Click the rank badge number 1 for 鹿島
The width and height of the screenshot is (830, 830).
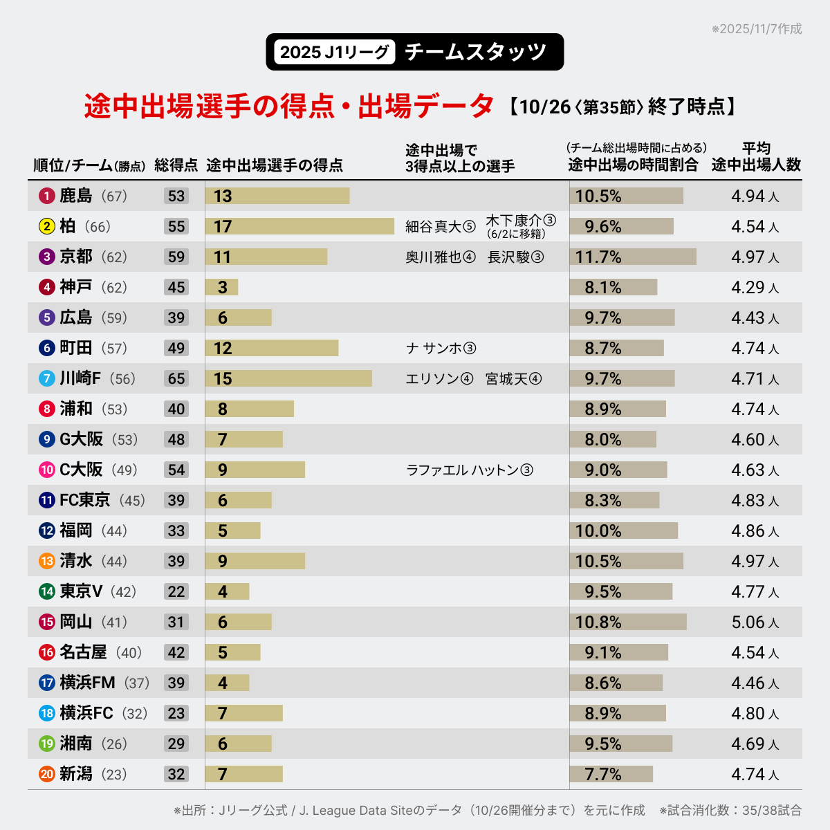[47, 196]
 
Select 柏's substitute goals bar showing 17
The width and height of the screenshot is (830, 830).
[299, 226]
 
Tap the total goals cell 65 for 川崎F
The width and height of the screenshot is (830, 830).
[176, 379]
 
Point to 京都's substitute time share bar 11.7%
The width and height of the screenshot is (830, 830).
[633, 257]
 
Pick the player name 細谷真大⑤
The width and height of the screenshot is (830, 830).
[441, 227]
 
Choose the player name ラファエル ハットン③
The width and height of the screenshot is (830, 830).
[470, 470]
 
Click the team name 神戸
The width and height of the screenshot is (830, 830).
[76, 288]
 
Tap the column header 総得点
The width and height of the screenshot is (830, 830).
[176, 165]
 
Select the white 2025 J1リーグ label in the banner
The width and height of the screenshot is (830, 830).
[335, 52]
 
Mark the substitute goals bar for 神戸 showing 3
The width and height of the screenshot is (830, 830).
[222, 288]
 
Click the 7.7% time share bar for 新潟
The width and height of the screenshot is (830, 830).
[611, 775]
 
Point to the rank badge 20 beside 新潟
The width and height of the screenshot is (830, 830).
[47, 775]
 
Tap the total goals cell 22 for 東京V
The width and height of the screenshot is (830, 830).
[176, 592]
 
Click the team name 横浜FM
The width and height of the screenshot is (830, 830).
[87, 683]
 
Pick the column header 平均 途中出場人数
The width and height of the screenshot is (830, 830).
[756, 157]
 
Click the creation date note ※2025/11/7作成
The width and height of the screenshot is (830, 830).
[757, 29]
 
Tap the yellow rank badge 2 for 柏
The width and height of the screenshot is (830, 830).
[47, 227]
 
